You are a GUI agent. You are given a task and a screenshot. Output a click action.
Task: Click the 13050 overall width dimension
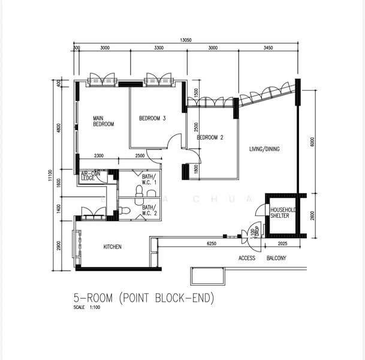[187, 40]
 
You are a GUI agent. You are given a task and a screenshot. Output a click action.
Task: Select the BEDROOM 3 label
[152, 118]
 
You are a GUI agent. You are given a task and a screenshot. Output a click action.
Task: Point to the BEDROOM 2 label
[210, 137]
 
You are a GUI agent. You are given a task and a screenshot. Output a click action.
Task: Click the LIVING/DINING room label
[264, 149]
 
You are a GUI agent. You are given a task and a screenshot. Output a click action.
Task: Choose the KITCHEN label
[113, 247]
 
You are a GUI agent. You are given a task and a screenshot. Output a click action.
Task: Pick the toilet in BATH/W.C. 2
[124, 211]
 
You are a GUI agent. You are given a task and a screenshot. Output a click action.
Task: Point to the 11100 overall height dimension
[52, 175]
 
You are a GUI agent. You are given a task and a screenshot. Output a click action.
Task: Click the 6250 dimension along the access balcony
[211, 244]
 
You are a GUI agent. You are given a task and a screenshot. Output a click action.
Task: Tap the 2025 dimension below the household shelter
[283, 244]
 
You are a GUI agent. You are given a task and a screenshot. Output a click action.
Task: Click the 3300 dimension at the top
[158, 47]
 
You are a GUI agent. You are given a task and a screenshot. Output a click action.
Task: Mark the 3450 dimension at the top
[267, 47]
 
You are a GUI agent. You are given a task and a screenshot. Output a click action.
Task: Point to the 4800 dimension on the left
[59, 128]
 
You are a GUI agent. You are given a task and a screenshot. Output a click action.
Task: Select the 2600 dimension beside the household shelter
[312, 215]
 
